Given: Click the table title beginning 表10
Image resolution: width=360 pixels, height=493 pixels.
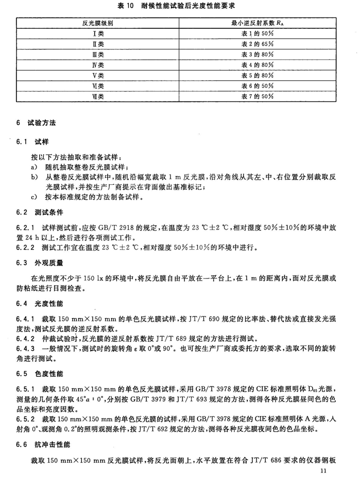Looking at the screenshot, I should pyautogui.click(x=180, y=7).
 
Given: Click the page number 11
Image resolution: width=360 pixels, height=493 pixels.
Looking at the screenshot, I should pyautogui.click(x=323, y=471).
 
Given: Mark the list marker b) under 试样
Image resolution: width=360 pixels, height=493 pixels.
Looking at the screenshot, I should pyautogui.click(x=34, y=177).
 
